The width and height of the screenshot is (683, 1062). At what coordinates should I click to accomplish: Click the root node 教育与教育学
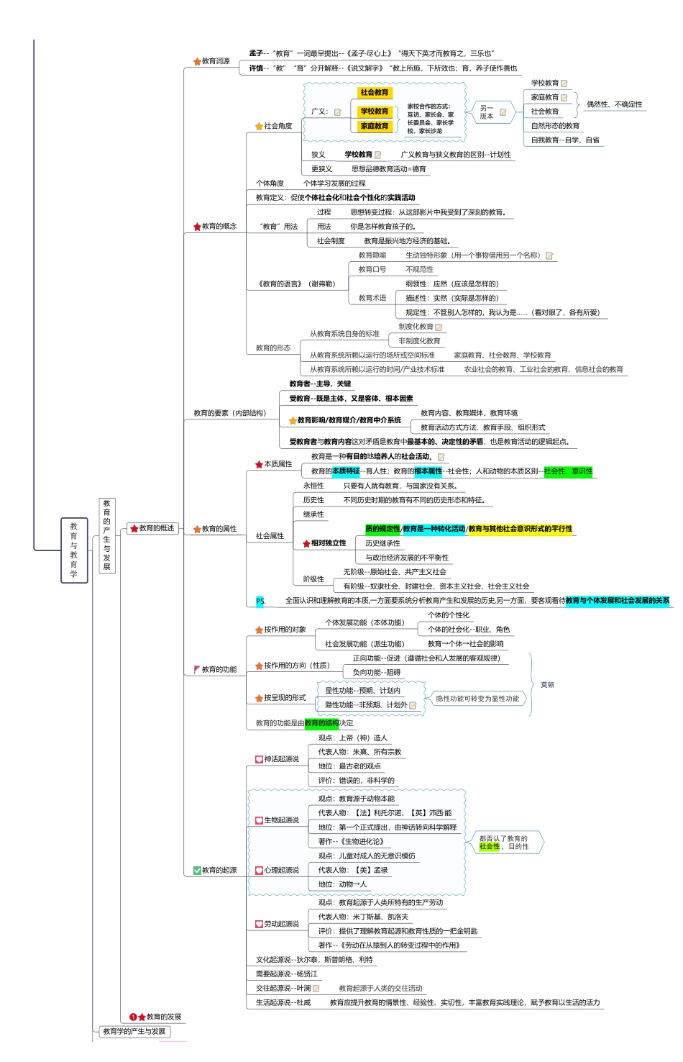click(x=74, y=550)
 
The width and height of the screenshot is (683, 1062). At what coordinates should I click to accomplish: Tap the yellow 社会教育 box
click(x=375, y=93)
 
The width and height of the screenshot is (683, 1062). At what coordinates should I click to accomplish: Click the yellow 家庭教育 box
click(x=375, y=126)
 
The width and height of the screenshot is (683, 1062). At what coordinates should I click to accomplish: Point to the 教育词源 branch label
click(x=216, y=61)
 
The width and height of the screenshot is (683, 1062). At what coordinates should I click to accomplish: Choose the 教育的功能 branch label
click(x=219, y=669)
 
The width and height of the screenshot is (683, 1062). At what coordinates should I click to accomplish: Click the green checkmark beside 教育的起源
click(x=197, y=871)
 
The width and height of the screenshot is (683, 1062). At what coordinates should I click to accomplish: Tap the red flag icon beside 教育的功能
click(x=197, y=669)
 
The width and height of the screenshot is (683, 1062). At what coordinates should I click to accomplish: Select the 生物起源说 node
click(x=281, y=820)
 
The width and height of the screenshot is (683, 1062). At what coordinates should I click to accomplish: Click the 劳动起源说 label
click(x=281, y=924)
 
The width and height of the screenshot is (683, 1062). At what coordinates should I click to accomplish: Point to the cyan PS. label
click(x=260, y=601)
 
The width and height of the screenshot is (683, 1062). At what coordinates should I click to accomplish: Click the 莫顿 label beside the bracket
click(x=548, y=685)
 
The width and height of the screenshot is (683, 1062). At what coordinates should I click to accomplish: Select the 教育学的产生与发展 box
click(x=134, y=1031)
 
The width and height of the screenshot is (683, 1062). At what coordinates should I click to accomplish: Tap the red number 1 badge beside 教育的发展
click(x=133, y=1017)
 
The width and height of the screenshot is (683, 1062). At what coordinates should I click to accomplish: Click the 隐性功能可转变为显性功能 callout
click(x=477, y=699)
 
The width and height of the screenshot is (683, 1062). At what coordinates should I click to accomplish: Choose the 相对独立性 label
click(x=328, y=543)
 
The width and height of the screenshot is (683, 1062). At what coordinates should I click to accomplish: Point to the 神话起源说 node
click(x=281, y=759)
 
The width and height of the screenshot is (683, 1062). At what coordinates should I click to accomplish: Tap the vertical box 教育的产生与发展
click(x=107, y=535)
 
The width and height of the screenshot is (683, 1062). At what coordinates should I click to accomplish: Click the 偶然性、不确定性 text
click(x=614, y=104)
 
